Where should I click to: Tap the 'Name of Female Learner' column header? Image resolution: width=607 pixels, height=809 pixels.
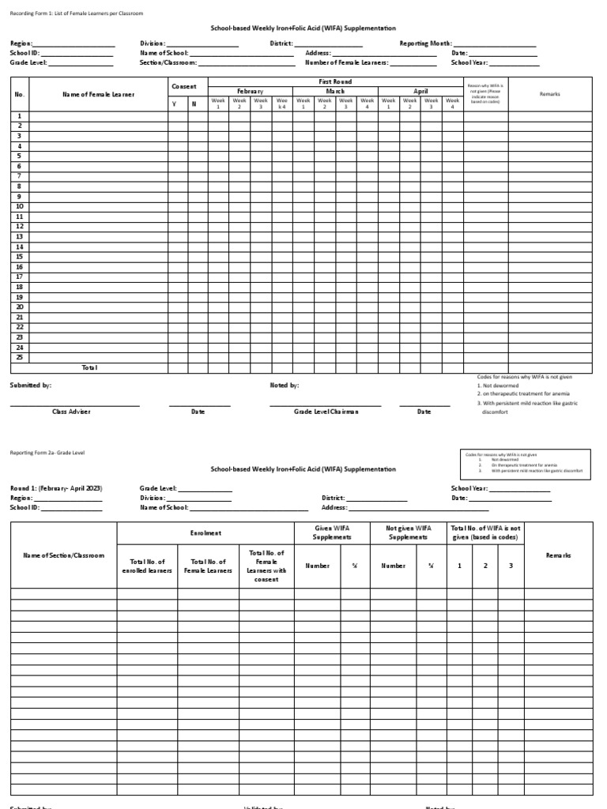coord(98,94)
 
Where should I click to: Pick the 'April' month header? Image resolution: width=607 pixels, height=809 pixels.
coord(420,91)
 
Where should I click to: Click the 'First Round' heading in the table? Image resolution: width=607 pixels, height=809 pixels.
coord(336,81)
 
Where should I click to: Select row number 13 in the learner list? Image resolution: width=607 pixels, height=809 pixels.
coord(20,236)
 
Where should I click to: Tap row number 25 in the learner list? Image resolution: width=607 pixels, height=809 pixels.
coord(20,357)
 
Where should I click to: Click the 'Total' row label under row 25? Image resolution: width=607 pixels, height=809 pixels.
coord(89,367)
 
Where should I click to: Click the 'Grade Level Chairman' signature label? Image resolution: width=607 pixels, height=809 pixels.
coord(326,412)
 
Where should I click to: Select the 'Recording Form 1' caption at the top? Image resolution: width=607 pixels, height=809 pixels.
coord(77,14)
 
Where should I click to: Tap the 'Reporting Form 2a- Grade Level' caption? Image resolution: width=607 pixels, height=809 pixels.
coord(47,453)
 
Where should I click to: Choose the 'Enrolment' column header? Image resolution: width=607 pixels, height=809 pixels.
coord(205,533)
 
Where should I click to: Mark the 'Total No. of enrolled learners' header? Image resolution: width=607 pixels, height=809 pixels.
coord(147,566)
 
